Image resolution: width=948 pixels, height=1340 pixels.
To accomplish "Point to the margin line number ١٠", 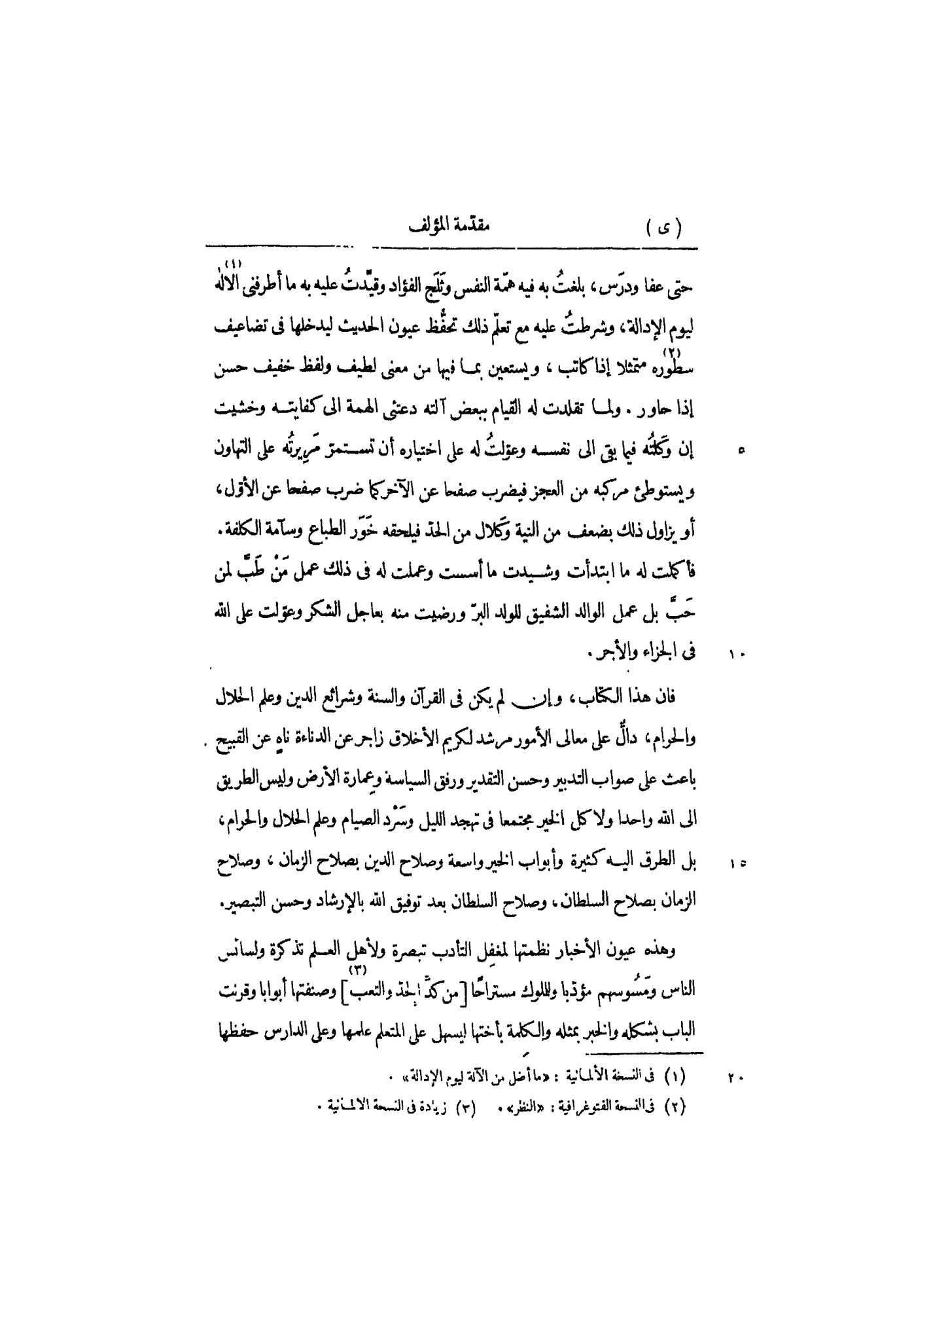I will [738, 654].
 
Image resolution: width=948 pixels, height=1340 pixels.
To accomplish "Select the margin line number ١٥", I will [738, 865].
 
